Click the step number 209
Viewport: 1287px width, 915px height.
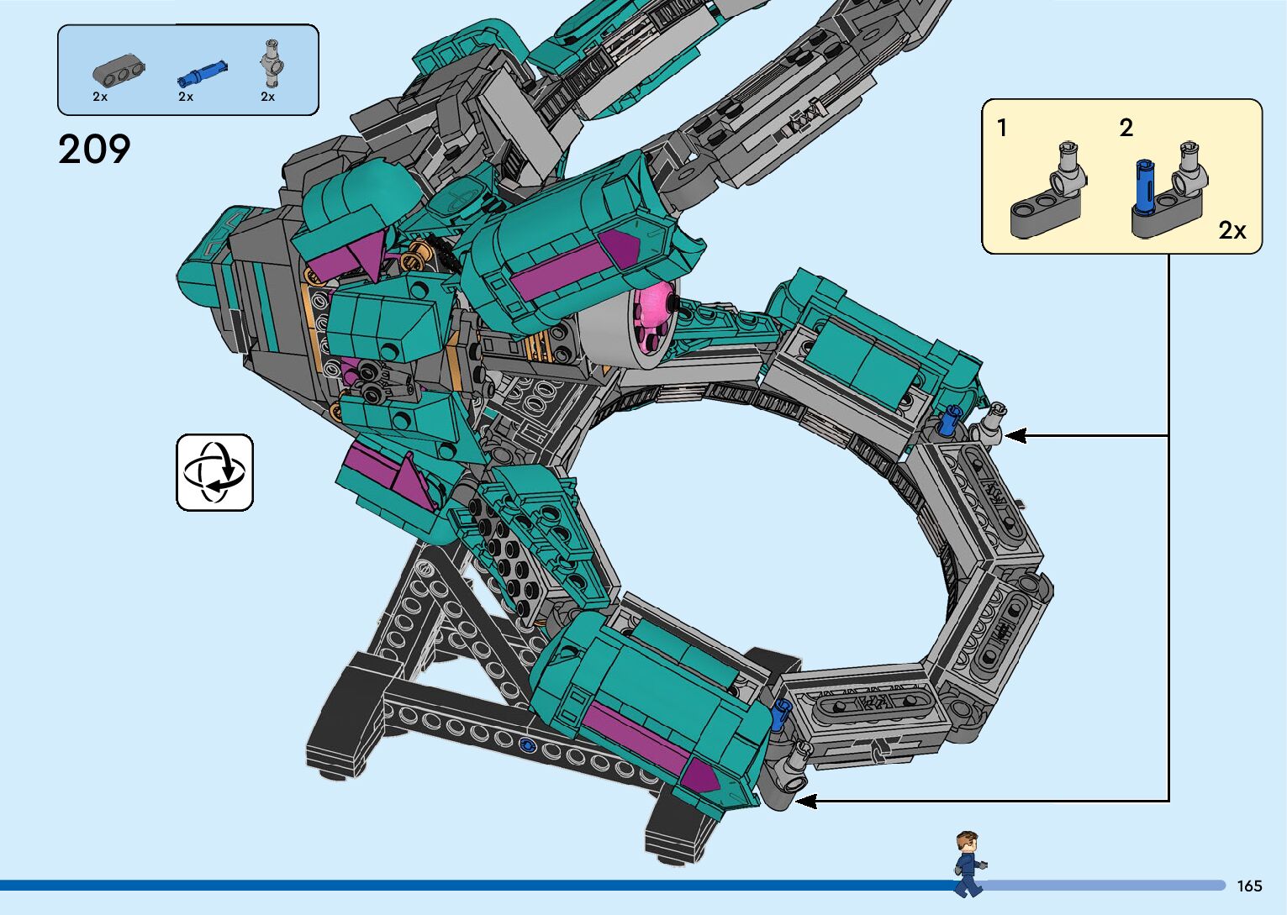point(94,150)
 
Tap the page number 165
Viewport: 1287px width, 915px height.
point(1249,886)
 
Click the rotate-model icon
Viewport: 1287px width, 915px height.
point(214,472)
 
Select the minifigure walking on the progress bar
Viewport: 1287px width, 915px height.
point(969,864)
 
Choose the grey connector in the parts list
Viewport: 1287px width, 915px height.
point(272,64)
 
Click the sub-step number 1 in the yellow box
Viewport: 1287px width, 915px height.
point(1001,128)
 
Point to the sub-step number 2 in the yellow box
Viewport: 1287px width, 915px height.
point(1126,128)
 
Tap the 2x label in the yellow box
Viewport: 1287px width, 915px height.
point(1232,230)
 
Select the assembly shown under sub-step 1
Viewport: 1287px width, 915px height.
point(1047,192)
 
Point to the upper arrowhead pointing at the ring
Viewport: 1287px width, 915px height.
point(1015,435)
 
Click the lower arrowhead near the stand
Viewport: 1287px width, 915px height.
point(805,801)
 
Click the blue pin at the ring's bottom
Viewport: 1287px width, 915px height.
point(781,713)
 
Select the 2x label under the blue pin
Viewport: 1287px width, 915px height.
point(186,97)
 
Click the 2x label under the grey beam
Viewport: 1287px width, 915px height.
point(100,97)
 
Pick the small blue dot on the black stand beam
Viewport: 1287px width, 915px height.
point(527,744)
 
